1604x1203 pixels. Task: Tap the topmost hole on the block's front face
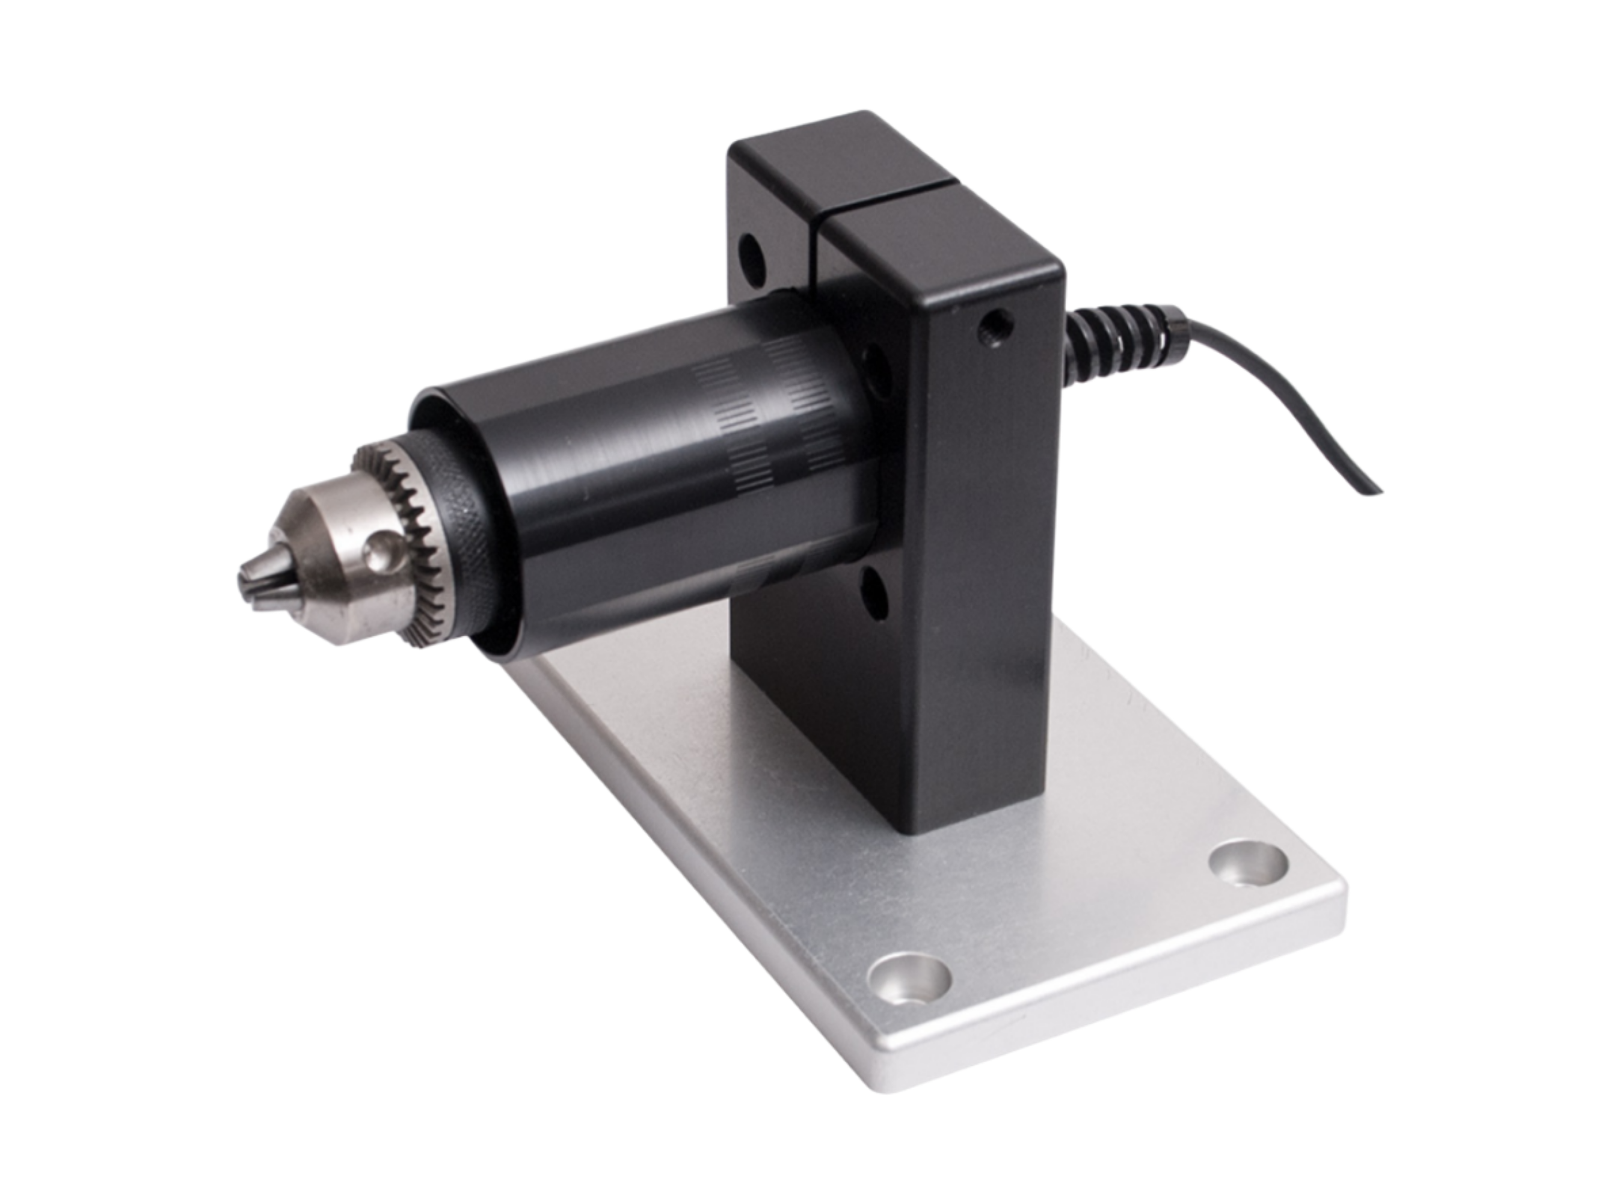click(751, 259)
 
